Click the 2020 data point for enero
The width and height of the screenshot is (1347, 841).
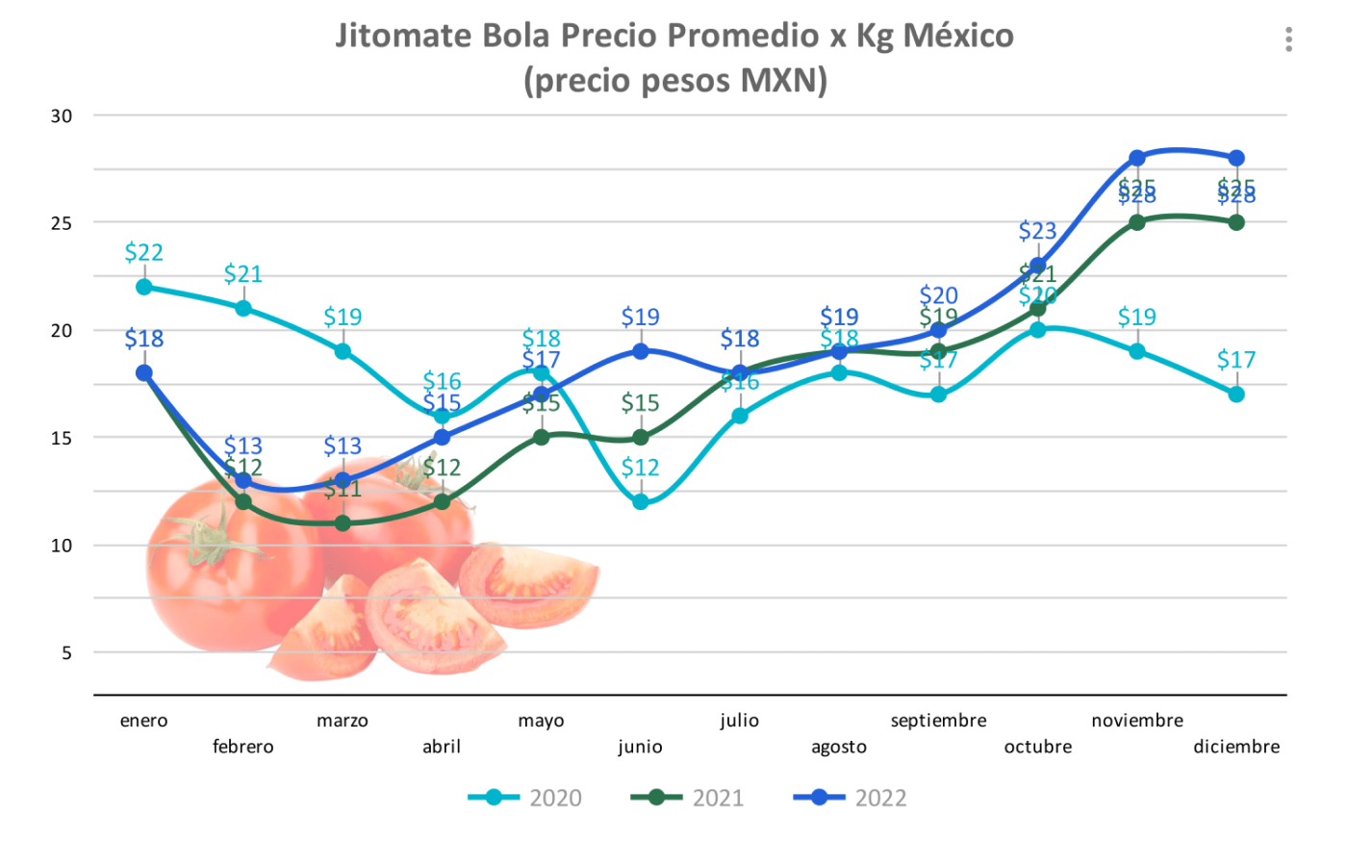(144, 287)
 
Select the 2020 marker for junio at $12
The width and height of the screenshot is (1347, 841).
(641, 501)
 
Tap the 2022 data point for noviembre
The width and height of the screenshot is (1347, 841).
(1137, 158)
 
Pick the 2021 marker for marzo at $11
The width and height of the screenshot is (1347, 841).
(343, 522)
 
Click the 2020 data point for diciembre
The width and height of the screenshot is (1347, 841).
(1236, 394)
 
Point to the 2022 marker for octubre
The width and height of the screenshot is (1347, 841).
(1037, 266)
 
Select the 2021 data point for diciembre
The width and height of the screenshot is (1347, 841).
(1236, 222)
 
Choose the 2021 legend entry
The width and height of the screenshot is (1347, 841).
(688, 798)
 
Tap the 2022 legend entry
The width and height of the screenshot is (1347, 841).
(851, 798)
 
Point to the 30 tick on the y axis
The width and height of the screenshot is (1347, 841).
(62, 116)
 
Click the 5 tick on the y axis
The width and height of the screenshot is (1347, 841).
(66, 652)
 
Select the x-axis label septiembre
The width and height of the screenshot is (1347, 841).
(938, 721)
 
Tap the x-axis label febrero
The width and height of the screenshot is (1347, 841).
(243, 747)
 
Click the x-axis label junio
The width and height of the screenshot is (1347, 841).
(641, 747)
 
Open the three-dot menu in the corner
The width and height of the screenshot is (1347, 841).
(1288, 39)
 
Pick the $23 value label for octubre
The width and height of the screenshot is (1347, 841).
(1037, 231)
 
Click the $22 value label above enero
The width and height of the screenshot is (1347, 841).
(144, 252)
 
